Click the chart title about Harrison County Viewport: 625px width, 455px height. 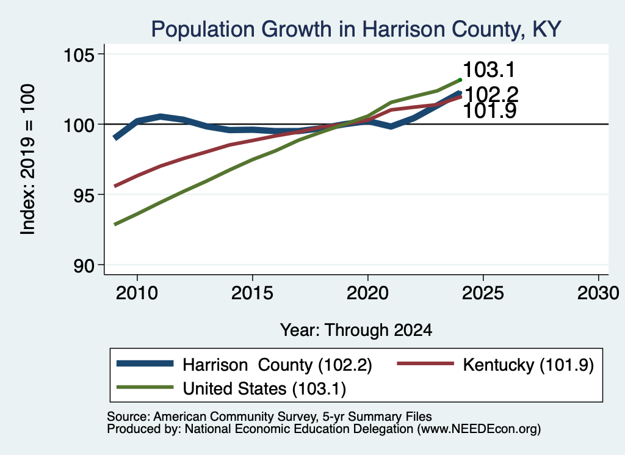point(356,29)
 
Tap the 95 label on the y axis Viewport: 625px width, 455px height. point(84,195)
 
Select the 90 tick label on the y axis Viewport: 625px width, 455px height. point(84,265)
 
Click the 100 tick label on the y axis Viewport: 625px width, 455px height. point(79,125)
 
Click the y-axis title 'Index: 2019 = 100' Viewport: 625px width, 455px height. point(28,159)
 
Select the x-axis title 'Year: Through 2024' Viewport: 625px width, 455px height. point(356,330)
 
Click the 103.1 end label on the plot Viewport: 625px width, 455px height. point(489,70)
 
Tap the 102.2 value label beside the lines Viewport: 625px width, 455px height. point(491,95)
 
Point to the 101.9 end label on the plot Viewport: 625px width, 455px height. point(490,111)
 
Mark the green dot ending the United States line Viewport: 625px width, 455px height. point(460,80)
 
